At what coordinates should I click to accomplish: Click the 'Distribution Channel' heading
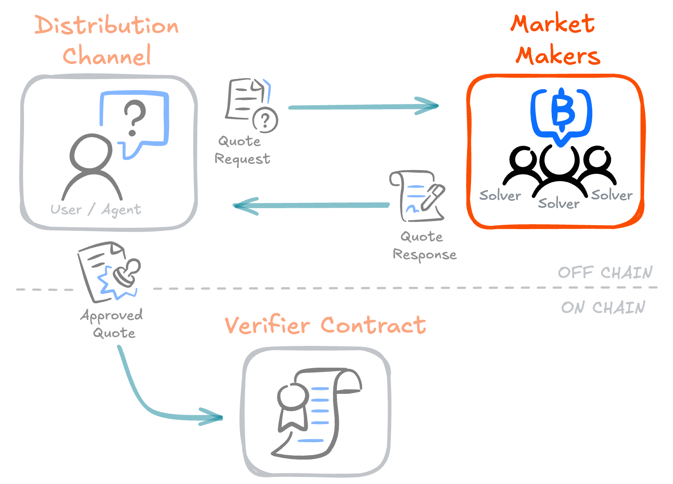pos(107,41)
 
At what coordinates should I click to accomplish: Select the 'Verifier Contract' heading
pos(325,325)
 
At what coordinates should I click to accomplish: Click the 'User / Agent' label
pos(95,209)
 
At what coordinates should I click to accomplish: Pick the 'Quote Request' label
pos(242,150)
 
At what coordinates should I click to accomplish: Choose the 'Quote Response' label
pos(424,246)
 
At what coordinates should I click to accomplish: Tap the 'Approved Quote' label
pos(112,324)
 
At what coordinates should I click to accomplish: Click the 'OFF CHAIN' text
pos(605,272)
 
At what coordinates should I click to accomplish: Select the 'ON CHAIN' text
pos(603,307)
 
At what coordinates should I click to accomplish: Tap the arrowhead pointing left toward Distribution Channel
pos(243,206)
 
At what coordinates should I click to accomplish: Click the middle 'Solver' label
pos(558,203)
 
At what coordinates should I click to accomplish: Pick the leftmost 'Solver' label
pos(500,195)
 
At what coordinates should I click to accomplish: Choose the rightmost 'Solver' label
pos(611,195)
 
